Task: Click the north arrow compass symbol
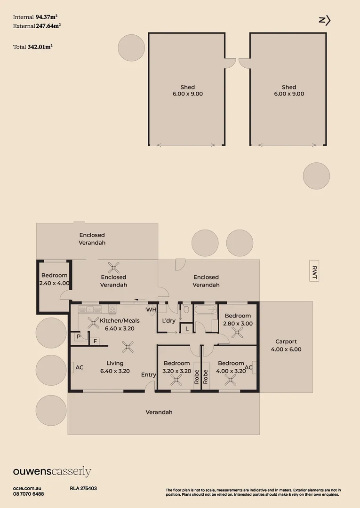tap(325, 20)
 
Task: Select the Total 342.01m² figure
tap(32, 47)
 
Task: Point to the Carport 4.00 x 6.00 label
tap(286, 346)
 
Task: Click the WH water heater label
tap(151, 310)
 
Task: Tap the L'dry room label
tap(168, 321)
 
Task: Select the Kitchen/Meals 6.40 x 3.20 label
tap(120, 325)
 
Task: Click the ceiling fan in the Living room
tap(127, 348)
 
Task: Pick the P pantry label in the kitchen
tap(78, 337)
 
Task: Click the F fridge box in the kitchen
tap(95, 341)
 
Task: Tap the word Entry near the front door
tap(149, 375)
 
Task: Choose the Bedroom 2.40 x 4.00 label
tap(55, 279)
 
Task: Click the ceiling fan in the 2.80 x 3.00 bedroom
tap(237, 333)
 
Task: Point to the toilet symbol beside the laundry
tap(186, 309)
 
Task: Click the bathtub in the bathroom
tap(205, 310)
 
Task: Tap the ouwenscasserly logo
tap(52, 472)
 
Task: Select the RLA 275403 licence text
tap(83, 489)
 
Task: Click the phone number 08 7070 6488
tap(29, 494)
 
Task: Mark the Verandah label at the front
tap(159, 412)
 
